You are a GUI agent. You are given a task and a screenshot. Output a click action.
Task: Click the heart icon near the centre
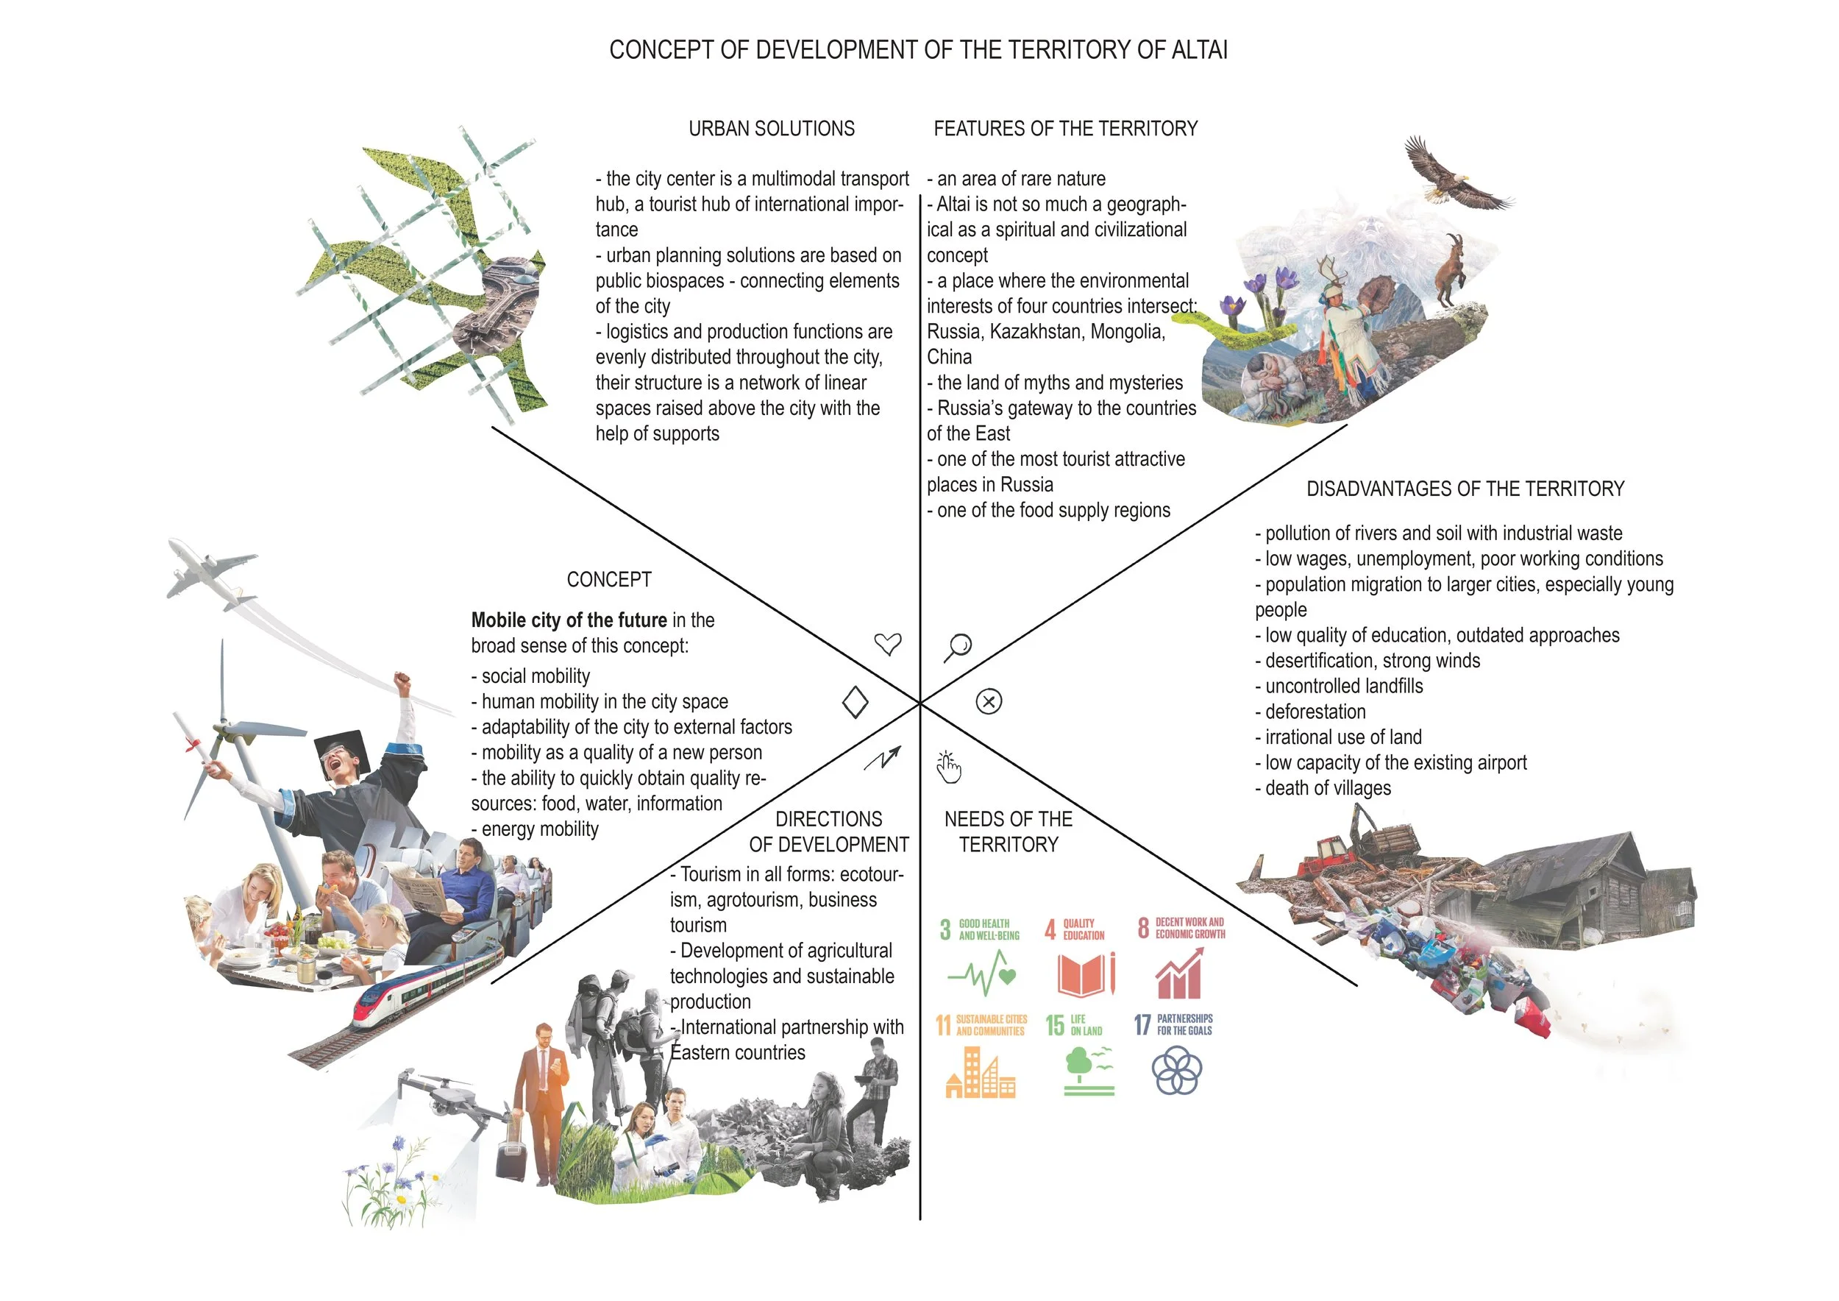click(x=887, y=644)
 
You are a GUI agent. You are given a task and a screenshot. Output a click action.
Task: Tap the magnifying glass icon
click(x=957, y=648)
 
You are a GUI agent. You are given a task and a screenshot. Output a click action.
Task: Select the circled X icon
click(x=989, y=702)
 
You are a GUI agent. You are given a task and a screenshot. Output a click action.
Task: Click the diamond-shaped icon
click(x=856, y=703)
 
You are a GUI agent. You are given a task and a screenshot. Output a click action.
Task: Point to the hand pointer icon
click(x=948, y=768)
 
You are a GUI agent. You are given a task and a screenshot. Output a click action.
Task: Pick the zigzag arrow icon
click(x=883, y=758)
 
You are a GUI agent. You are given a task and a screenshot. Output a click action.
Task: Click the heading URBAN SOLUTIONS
click(x=772, y=129)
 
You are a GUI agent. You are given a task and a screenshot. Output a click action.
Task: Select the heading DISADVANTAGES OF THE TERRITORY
click(x=1465, y=489)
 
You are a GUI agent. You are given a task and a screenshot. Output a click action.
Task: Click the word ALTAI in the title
click(x=1199, y=51)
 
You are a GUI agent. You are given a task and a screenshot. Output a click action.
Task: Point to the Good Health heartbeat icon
click(x=982, y=974)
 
